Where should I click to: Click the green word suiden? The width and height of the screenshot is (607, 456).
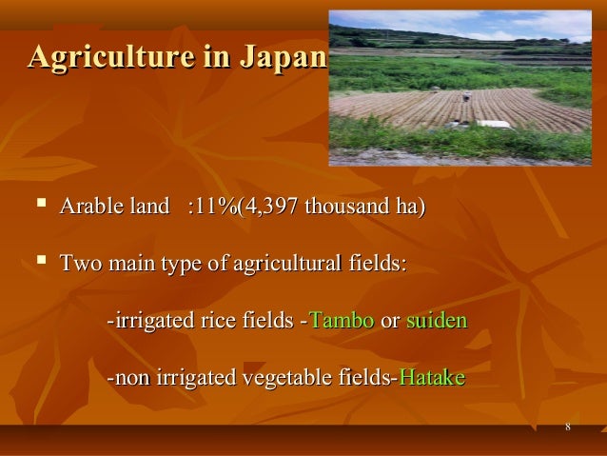tap(437, 320)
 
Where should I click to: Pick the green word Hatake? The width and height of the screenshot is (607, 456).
tap(431, 377)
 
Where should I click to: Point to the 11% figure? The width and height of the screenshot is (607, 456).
tap(214, 207)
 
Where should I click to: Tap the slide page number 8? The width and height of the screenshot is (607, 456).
tap(567, 426)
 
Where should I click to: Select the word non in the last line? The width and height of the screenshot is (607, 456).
tap(132, 377)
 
